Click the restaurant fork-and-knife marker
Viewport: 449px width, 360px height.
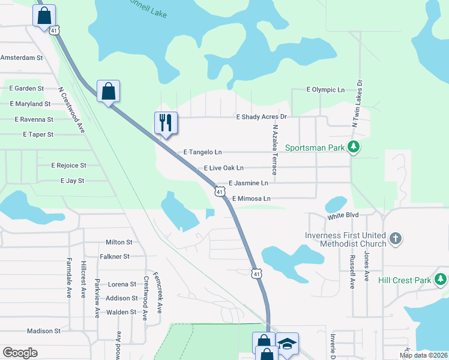click(x=166, y=123)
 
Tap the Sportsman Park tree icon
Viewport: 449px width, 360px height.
click(x=354, y=147)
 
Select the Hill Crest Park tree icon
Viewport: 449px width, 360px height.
click(x=441, y=280)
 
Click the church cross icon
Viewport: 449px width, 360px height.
click(x=395, y=239)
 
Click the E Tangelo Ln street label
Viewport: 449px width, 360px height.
click(x=202, y=152)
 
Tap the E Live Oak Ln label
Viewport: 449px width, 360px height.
click(x=224, y=168)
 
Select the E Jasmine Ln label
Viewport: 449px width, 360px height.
click(x=249, y=183)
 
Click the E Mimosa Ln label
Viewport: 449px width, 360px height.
click(x=252, y=198)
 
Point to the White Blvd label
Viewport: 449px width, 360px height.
click(x=343, y=214)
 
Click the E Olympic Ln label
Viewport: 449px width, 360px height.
click(x=325, y=89)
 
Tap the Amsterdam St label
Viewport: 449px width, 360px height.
click(x=22, y=58)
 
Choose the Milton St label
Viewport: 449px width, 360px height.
click(x=119, y=242)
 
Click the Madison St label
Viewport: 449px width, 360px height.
click(x=44, y=331)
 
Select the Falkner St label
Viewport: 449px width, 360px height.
click(x=117, y=256)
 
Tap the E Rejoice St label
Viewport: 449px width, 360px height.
click(x=69, y=165)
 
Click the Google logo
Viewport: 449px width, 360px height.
click(x=20, y=353)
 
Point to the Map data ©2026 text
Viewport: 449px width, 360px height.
click(x=423, y=355)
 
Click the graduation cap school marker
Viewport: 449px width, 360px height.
click(x=288, y=344)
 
